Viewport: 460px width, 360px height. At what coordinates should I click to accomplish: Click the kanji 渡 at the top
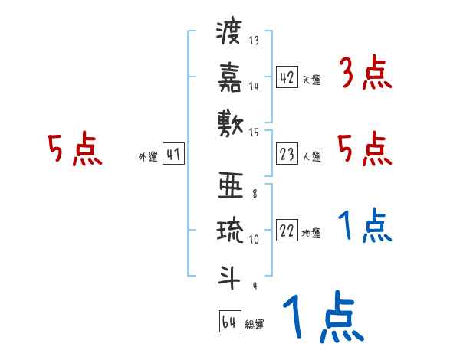click(x=230, y=34)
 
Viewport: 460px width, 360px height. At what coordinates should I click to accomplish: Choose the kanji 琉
click(x=230, y=230)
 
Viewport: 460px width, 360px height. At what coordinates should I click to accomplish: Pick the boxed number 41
click(x=173, y=155)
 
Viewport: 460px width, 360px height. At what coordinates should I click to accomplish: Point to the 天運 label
click(x=312, y=80)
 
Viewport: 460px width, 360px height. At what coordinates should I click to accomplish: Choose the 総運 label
click(x=255, y=324)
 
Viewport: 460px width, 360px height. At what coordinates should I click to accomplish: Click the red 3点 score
click(x=365, y=74)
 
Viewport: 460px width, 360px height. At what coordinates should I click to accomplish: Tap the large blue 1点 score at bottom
click(x=322, y=319)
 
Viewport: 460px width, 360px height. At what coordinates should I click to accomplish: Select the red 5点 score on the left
click(x=75, y=150)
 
